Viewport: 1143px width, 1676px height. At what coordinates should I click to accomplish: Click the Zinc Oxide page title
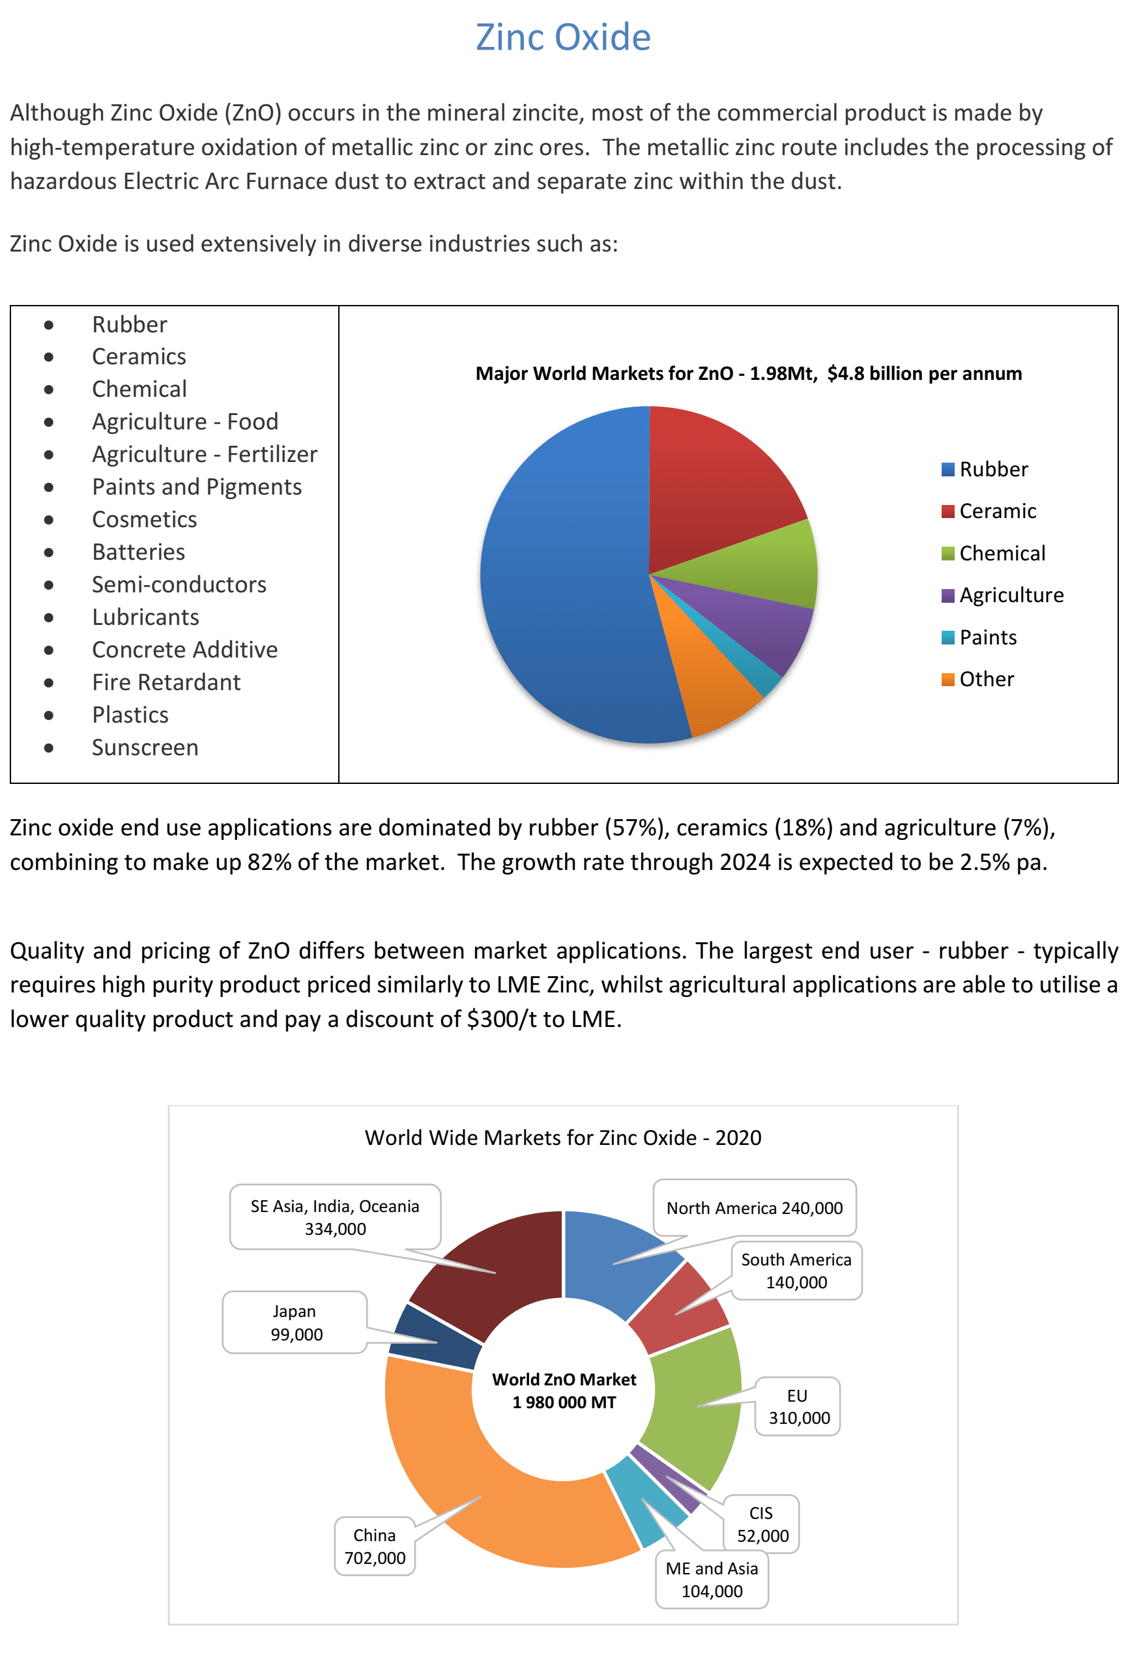[x=562, y=38]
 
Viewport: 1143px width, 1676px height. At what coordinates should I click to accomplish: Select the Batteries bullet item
[x=138, y=553]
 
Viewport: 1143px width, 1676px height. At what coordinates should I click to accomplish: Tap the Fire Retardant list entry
[x=166, y=682]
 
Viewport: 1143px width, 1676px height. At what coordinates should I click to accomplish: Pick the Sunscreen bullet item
[x=145, y=748]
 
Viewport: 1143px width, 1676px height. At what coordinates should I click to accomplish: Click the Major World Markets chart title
[x=749, y=373]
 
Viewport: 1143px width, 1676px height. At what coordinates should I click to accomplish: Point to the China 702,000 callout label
[x=374, y=1546]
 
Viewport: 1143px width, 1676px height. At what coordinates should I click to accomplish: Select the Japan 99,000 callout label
[x=295, y=1323]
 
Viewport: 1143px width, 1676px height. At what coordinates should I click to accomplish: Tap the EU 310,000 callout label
[x=798, y=1406]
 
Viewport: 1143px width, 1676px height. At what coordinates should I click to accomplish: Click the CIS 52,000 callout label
[x=762, y=1524]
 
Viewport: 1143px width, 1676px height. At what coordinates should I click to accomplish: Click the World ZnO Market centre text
[x=564, y=1391]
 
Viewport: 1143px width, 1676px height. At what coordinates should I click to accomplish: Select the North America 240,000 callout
[x=755, y=1208]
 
